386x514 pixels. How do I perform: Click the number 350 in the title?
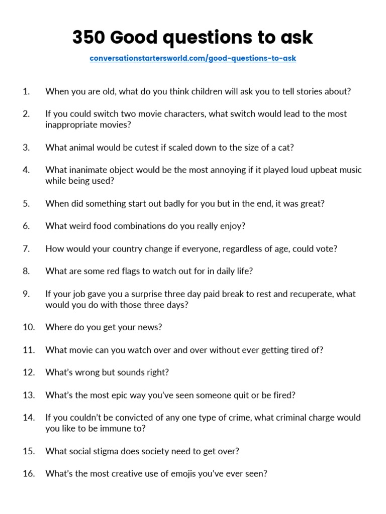click(88, 37)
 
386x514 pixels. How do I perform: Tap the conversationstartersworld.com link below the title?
click(192, 58)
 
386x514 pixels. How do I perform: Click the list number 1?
click(26, 91)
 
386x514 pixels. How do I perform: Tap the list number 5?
click(26, 203)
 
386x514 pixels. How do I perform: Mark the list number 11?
click(28, 350)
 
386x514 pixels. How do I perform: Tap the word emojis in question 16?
click(187, 473)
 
